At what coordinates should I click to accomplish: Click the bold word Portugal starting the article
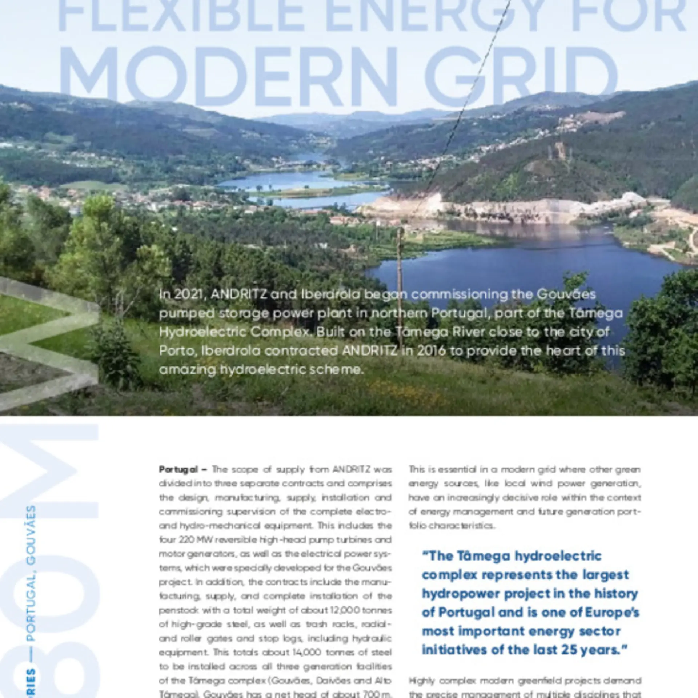[x=178, y=469]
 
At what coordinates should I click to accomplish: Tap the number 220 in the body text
[x=187, y=540]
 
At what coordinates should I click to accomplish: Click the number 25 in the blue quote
[x=570, y=650]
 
